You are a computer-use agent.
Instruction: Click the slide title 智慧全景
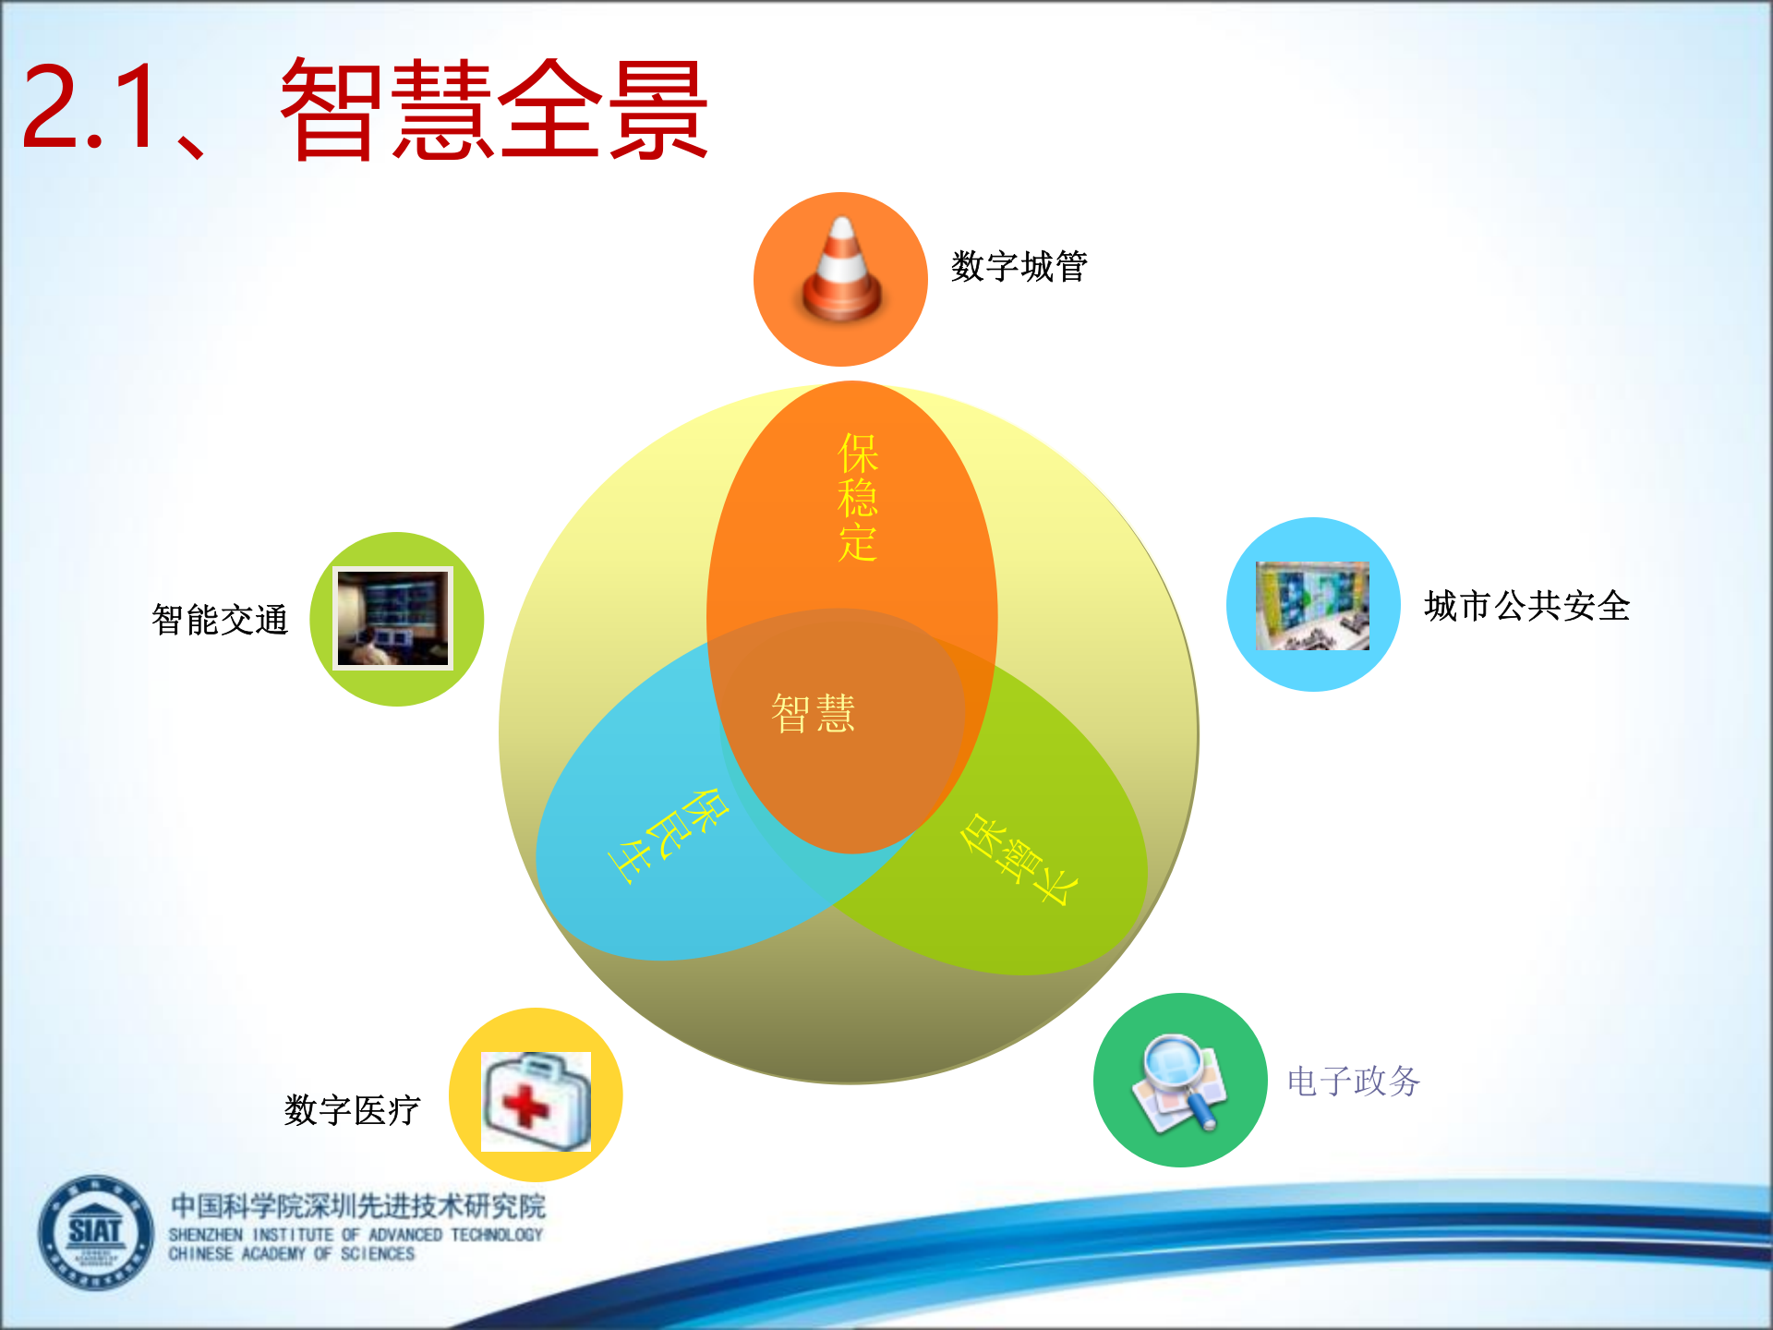coord(494,109)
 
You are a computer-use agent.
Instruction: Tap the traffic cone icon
coord(841,272)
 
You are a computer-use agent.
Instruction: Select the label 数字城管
coord(1019,267)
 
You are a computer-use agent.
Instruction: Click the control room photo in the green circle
coord(393,618)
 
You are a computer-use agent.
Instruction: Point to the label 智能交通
coord(220,620)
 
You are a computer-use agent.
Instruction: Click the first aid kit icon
coord(536,1101)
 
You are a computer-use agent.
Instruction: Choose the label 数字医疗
coord(352,1110)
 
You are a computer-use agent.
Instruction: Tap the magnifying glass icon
coord(1179,1082)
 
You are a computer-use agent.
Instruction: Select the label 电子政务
coord(1353,1082)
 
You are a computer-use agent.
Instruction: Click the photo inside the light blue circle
coord(1312,606)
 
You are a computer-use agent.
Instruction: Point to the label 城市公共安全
coord(1526,607)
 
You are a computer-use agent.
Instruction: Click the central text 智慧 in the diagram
coord(814,714)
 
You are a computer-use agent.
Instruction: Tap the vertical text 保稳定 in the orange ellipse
coord(857,498)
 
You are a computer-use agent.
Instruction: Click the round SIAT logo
coord(95,1232)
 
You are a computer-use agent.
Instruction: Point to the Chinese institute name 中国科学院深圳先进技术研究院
coord(358,1206)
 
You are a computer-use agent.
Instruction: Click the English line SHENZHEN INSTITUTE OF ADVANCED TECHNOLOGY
coord(356,1235)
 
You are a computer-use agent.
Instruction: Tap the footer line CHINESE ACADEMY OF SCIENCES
coord(292,1254)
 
